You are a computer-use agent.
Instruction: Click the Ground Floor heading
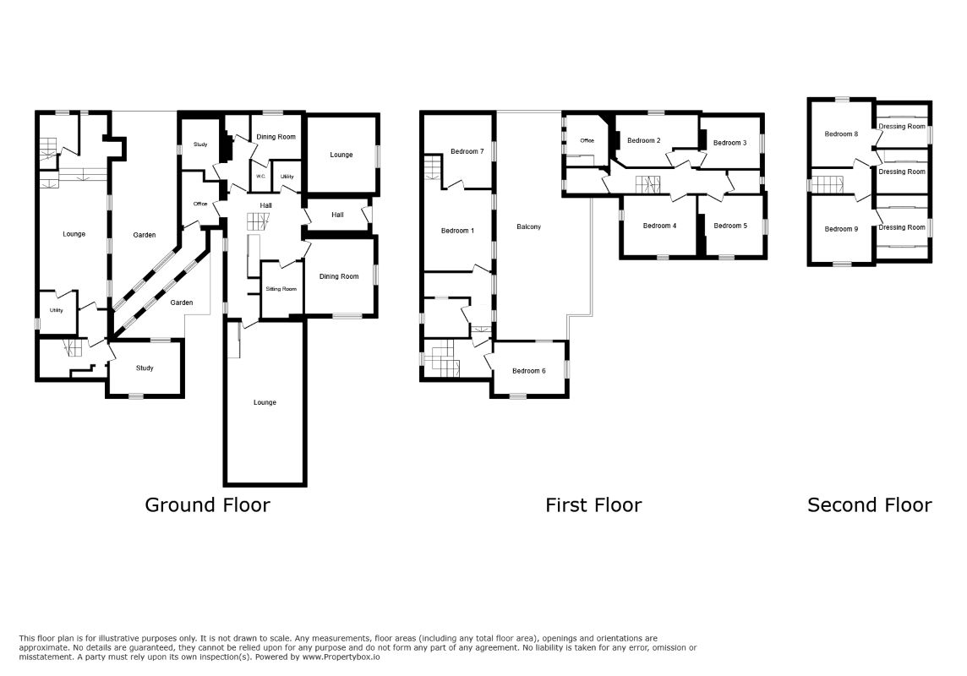point(207,505)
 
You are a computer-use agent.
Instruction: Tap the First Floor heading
point(593,505)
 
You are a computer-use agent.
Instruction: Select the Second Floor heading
point(870,505)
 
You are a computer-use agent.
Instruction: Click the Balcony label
point(528,226)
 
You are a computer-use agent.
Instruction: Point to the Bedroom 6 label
point(528,371)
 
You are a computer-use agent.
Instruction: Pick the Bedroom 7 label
point(467,151)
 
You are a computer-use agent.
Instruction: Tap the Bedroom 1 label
point(457,231)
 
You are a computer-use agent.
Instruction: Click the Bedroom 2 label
point(644,140)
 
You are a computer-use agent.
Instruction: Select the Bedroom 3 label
point(729,143)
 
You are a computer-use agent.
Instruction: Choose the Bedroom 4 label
point(659,226)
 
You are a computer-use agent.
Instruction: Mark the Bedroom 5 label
point(730,226)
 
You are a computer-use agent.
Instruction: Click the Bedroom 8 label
point(841,134)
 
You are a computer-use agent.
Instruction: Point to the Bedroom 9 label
point(841,229)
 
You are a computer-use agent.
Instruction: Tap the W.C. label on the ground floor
point(260,177)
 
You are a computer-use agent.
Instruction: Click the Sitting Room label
point(281,289)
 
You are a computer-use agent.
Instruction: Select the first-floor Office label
point(587,141)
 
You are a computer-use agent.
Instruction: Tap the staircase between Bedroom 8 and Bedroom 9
point(827,185)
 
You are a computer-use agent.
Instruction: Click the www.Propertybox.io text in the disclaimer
point(341,657)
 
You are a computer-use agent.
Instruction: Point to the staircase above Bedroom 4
point(648,184)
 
